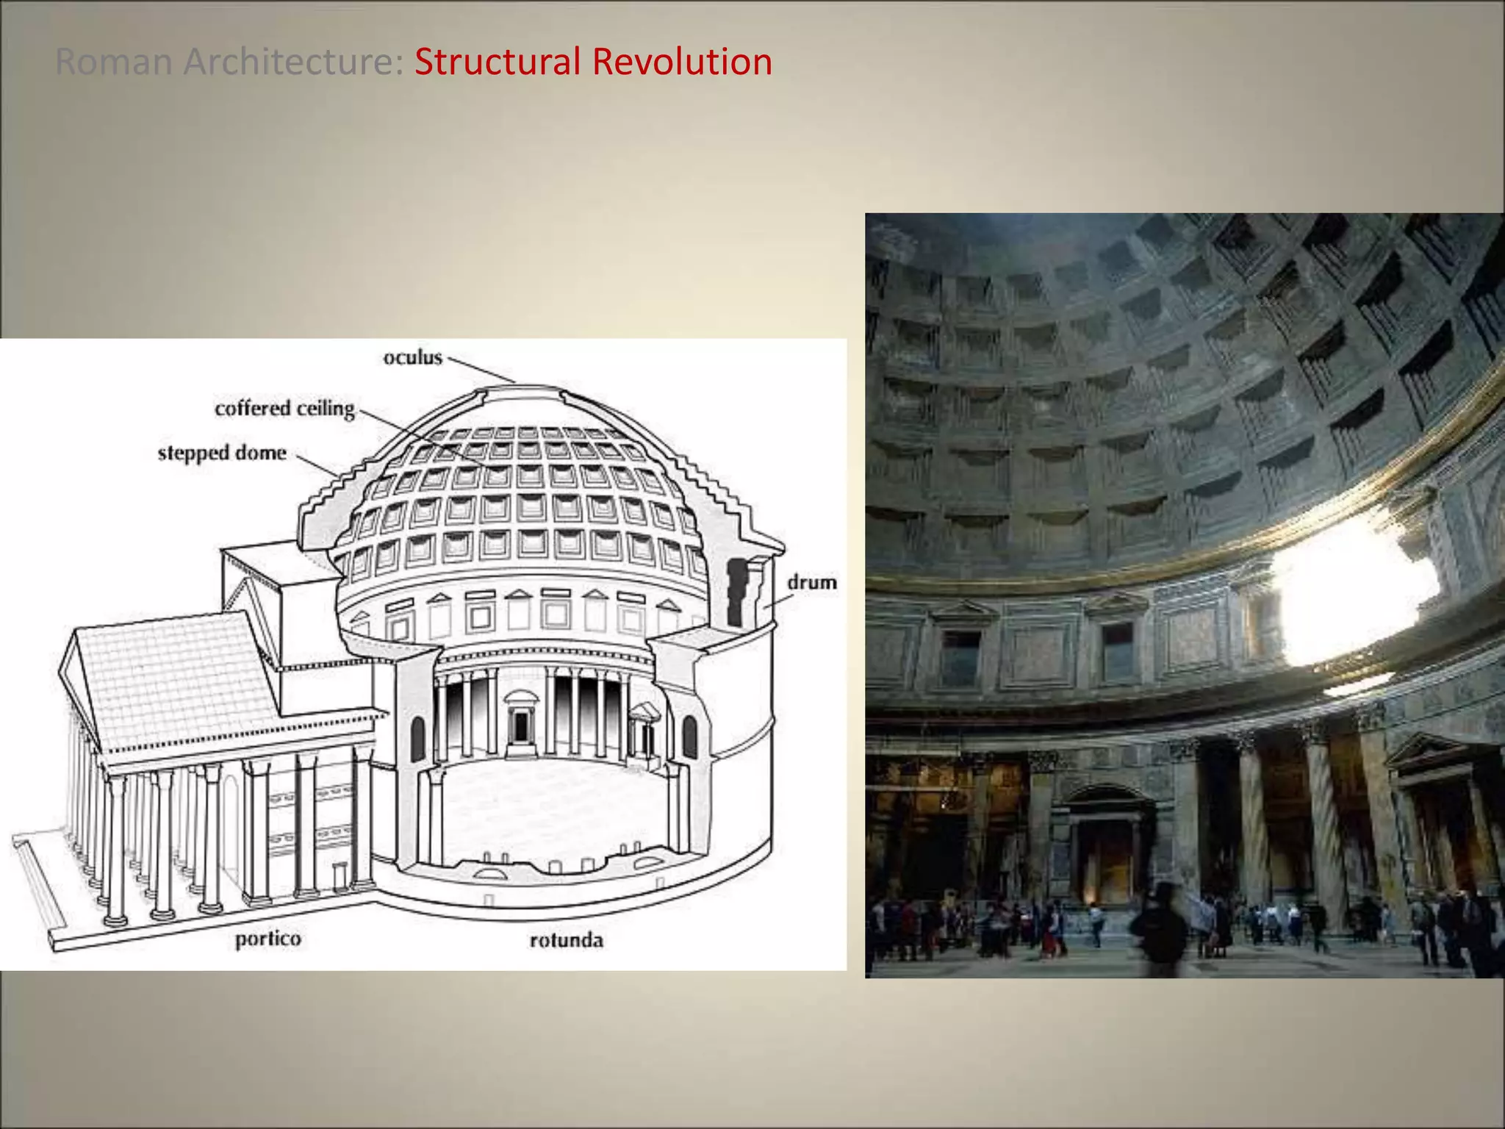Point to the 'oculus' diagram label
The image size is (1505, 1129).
(412, 358)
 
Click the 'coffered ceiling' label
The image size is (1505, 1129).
(284, 409)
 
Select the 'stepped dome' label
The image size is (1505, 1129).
(222, 453)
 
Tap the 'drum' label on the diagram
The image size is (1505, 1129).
(811, 583)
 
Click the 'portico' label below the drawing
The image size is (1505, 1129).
(267, 939)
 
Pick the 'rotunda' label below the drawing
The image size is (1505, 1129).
(566, 940)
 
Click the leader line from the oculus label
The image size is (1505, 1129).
(481, 370)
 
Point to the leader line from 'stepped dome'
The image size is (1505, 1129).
(317, 465)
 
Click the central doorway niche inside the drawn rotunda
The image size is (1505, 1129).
(520, 724)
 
